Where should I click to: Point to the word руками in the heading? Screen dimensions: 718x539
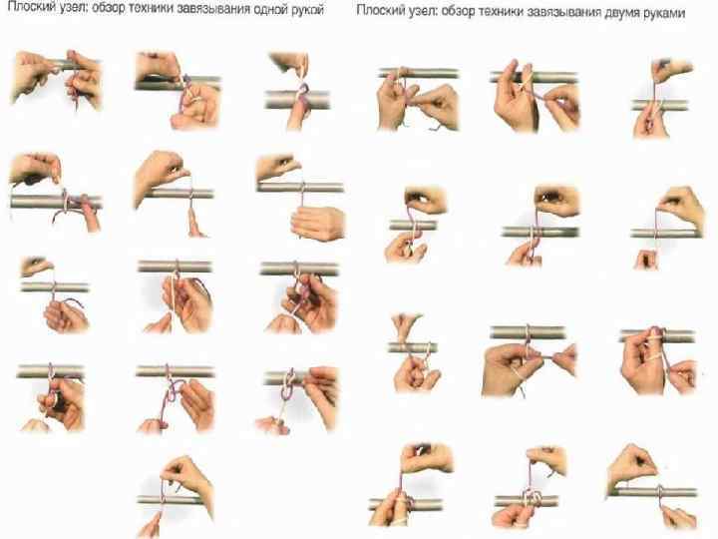667,13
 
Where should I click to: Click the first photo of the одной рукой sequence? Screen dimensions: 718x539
56,79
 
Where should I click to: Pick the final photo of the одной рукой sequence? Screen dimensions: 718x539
176,495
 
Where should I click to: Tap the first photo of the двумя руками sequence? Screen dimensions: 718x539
418,98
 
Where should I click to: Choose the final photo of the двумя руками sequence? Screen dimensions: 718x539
652,486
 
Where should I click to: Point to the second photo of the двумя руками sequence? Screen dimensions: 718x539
535,96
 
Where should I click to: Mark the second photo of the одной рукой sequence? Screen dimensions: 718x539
179,89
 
